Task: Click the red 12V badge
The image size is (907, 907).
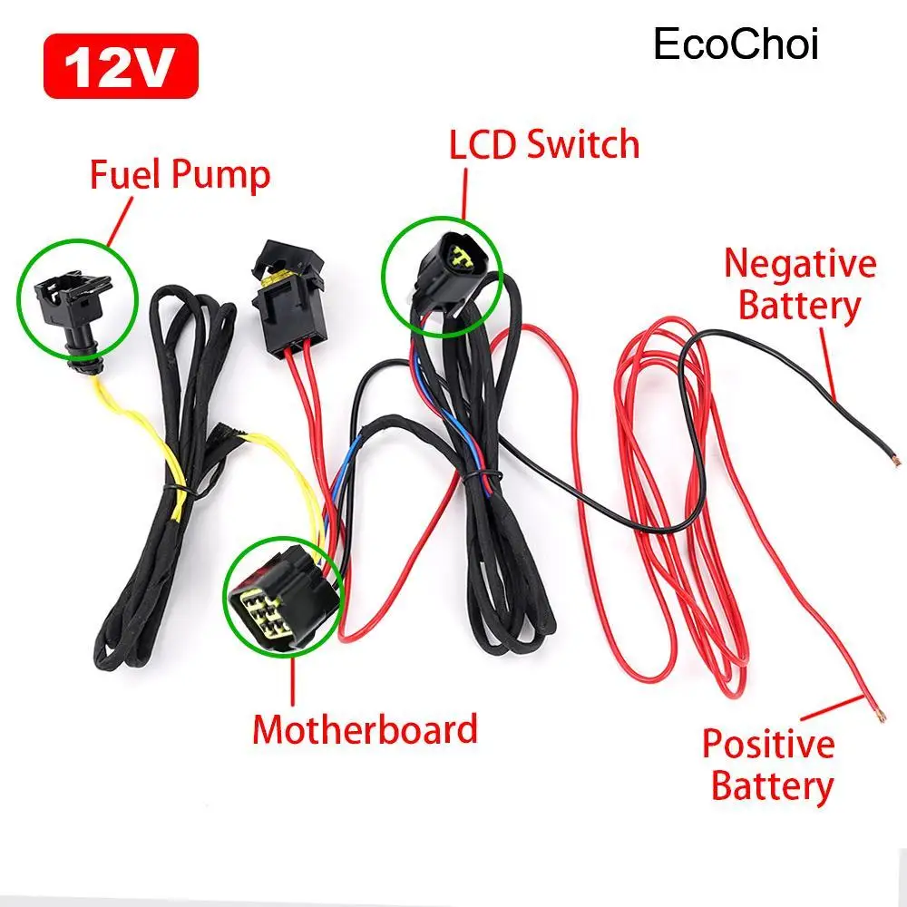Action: coord(120,65)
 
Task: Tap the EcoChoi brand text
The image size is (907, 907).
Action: coord(736,44)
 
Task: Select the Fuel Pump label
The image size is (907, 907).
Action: coord(180,174)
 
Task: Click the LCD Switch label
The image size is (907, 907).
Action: coord(544,144)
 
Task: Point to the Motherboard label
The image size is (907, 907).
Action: coord(365,728)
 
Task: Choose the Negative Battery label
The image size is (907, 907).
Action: coord(800,285)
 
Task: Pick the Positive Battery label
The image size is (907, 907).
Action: coord(768,764)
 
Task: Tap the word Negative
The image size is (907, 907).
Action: coord(800,264)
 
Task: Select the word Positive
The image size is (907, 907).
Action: coord(768,744)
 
